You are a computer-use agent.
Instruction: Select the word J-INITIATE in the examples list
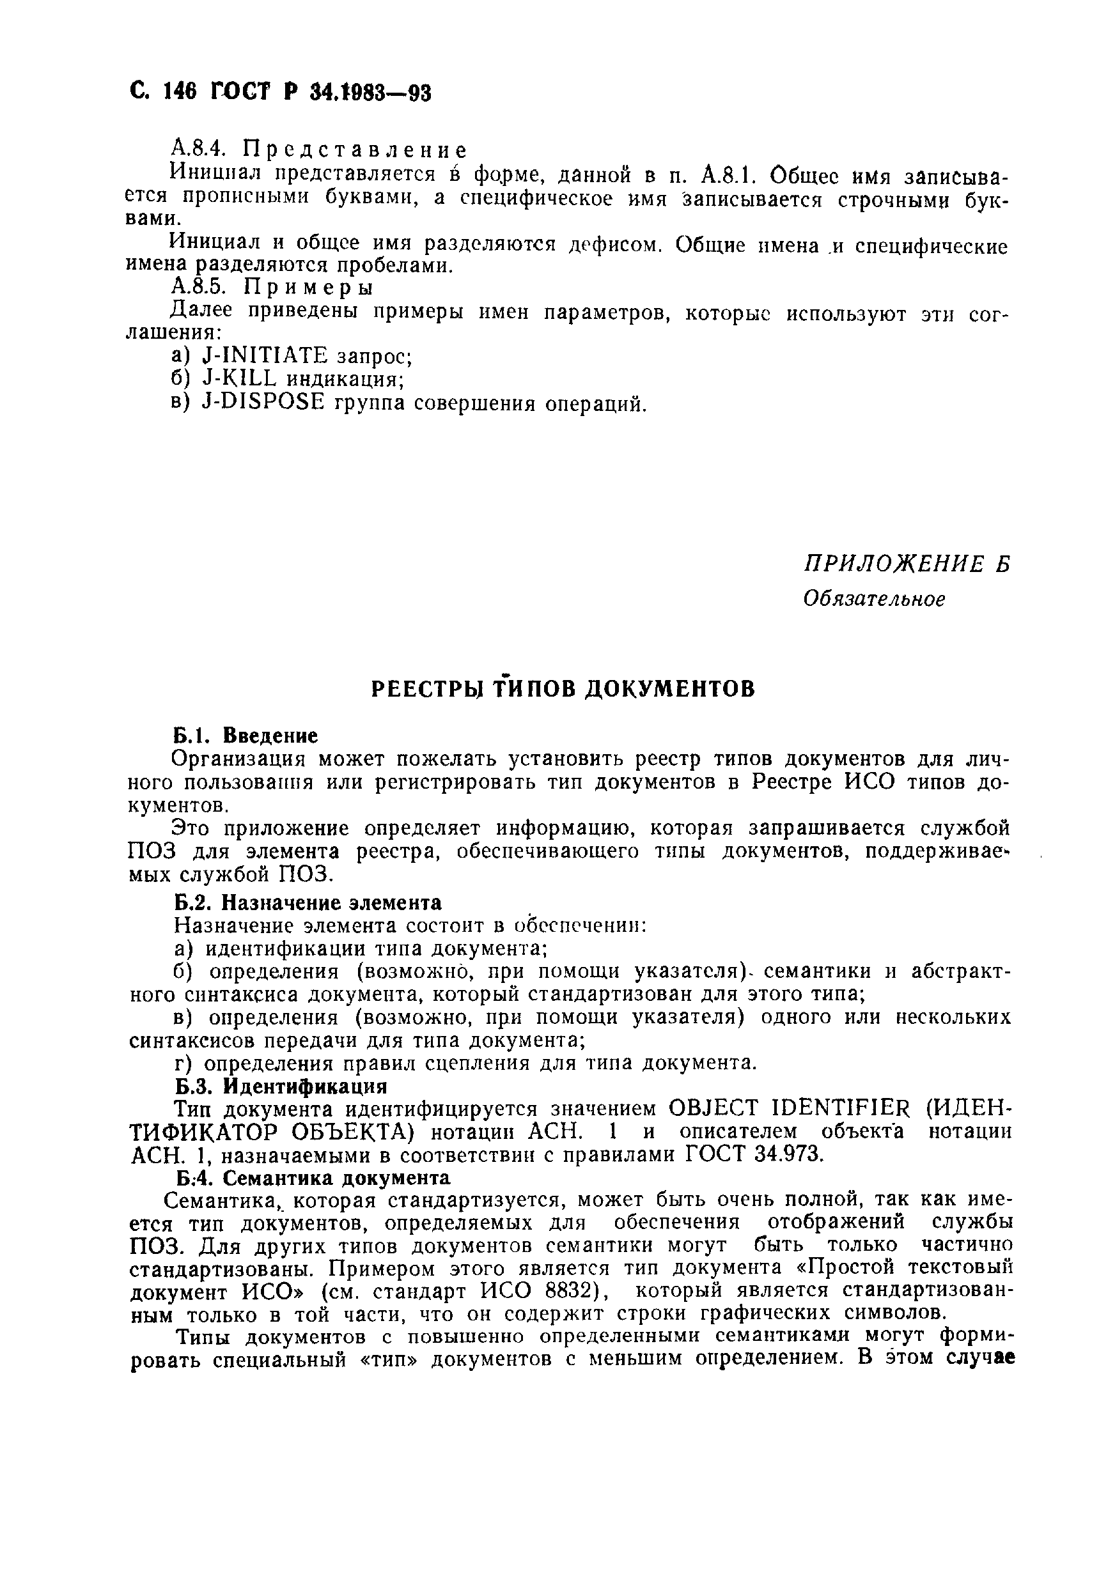pyautogui.click(x=264, y=356)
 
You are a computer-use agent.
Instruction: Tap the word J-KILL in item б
pyautogui.click(x=240, y=379)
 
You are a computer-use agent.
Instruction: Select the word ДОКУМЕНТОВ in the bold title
pyautogui.click(x=669, y=689)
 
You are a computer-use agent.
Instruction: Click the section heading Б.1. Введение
pyautogui.click(x=245, y=735)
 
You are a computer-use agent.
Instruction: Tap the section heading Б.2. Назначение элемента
pyautogui.click(x=308, y=903)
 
